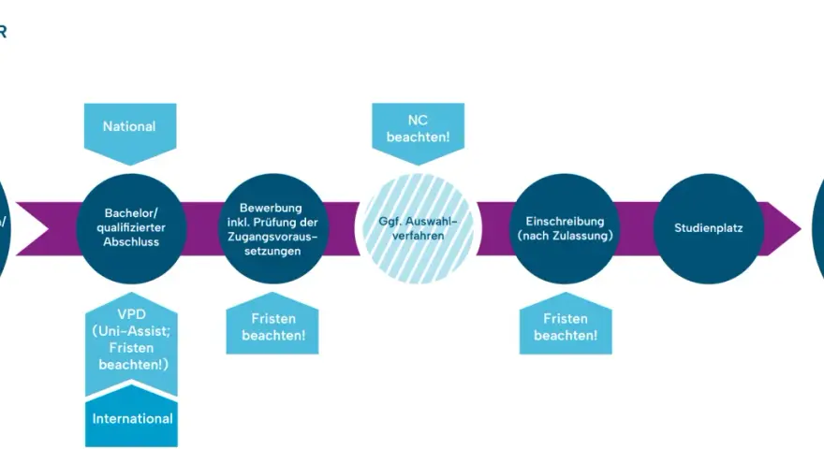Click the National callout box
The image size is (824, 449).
point(130,131)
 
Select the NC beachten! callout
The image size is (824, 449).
point(419,131)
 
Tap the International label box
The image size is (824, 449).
point(131,417)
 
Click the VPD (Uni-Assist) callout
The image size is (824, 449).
point(131,341)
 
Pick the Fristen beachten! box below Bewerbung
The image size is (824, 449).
point(272,325)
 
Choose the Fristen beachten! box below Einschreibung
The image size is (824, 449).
point(566,325)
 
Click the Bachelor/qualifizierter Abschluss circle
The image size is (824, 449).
point(131,228)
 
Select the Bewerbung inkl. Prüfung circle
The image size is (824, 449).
point(272,228)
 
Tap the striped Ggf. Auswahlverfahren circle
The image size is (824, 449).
point(419,228)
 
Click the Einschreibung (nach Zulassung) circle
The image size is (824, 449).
point(566,228)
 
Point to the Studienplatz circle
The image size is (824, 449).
point(709,228)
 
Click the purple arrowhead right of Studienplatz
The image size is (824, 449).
point(784,229)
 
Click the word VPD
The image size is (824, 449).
point(131,314)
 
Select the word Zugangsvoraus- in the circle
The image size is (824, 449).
point(272,237)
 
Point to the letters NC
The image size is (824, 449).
point(418,121)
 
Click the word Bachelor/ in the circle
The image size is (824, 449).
point(131,213)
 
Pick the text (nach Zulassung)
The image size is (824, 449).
point(566,236)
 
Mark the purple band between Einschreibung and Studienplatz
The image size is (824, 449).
point(637,229)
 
